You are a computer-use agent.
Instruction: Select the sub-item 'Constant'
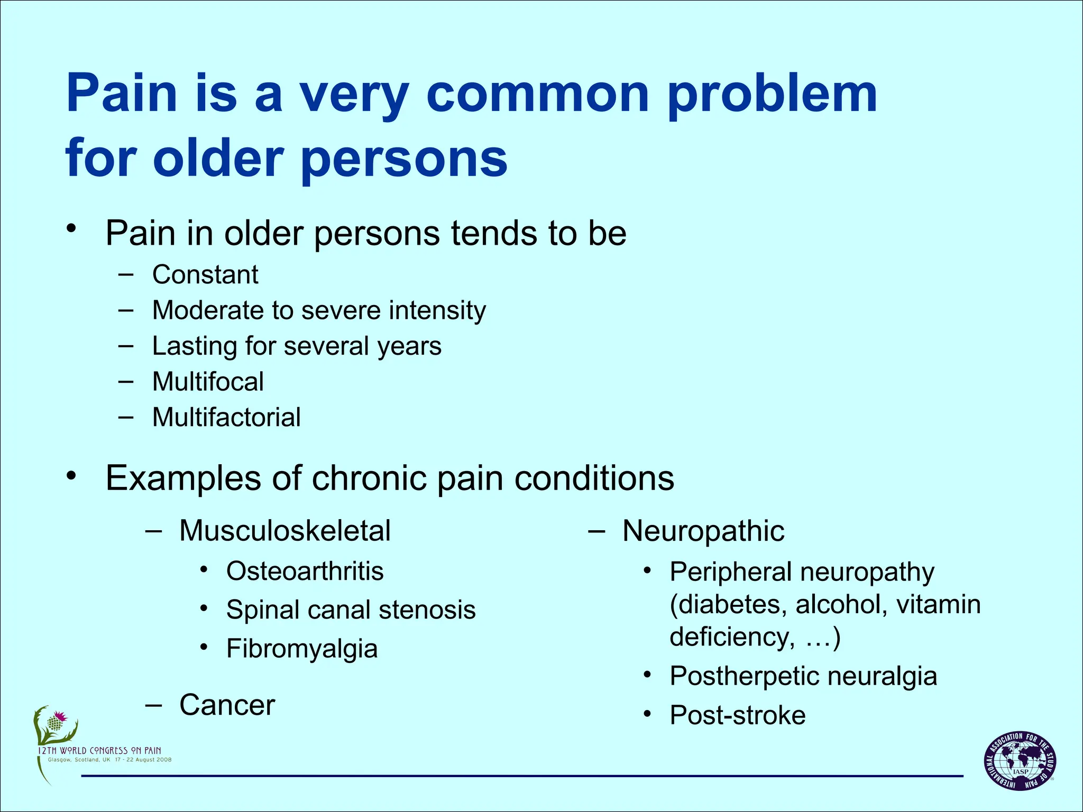pos(205,275)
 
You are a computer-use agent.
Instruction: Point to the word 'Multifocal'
pos(208,382)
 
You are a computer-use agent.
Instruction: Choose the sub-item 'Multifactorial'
pos(226,418)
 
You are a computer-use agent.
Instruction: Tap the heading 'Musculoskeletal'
pos(285,531)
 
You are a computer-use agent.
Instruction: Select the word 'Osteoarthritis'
pos(305,571)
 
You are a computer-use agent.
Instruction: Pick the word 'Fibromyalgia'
pos(302,649)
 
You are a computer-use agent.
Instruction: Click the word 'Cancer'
pos(227,705)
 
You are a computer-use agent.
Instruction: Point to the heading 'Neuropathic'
pos(703,531)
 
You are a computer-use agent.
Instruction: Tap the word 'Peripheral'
pos(730,573)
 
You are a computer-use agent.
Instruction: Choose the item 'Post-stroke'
pos(738,715)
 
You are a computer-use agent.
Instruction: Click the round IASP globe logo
pos(1020,761)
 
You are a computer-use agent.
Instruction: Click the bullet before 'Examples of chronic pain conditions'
pos(71,475)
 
